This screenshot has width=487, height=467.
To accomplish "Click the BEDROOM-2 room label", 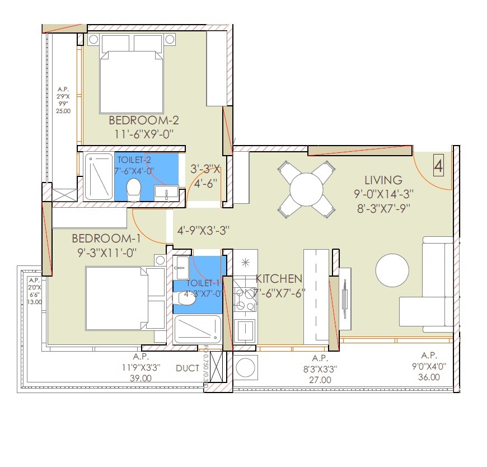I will pos(143,120).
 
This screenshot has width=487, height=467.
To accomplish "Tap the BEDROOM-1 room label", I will pos(104,239).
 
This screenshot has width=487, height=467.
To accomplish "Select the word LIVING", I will pos(383,180).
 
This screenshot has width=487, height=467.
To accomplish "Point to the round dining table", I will pos(306,189).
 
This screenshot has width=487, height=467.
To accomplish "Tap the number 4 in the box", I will pos(439,166).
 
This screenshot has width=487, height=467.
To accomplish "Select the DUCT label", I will pos(186,368).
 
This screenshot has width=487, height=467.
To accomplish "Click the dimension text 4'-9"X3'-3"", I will pos(203,230).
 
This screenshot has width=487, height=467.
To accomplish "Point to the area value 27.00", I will pos(319,379).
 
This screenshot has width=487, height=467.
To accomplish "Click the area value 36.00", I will pos(429,377).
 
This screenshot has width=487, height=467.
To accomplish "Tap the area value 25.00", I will pos(63,111).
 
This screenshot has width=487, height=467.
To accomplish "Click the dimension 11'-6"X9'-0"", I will pos(143,134).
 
